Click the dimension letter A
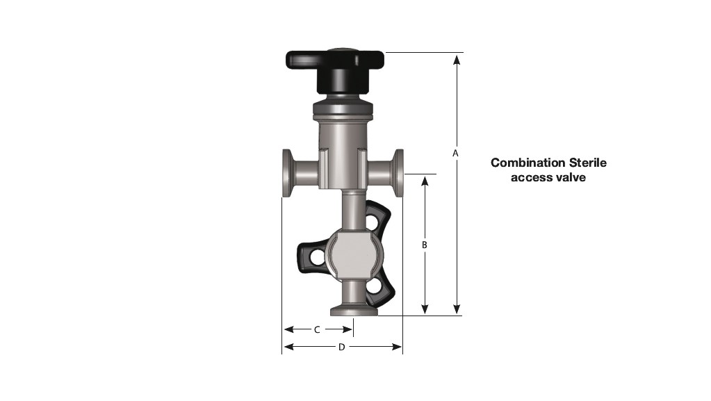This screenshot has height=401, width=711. click(455, 152)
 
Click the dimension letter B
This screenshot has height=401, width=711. click(424, 245)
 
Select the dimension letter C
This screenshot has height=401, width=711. click(317, 329)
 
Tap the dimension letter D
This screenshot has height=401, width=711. click(341, 347)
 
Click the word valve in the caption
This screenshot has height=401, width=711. click(573, 177)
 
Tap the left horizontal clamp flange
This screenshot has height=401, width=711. click(287, 174)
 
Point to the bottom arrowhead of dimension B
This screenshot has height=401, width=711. click(425, 310)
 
